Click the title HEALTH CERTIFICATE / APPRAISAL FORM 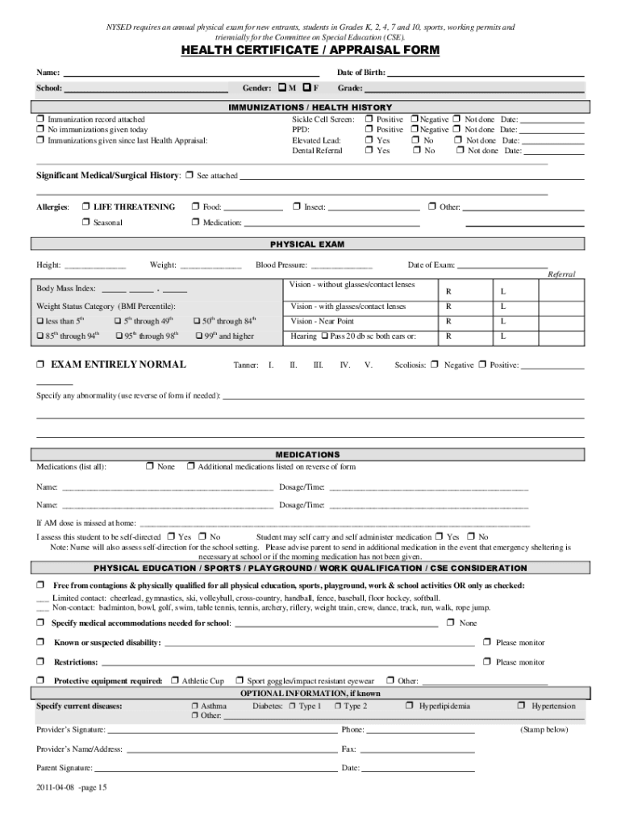[310, 51]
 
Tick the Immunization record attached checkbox [40, 119]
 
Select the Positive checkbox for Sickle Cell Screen [369, 119]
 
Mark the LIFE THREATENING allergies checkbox [85, 207]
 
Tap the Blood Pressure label [281, 265]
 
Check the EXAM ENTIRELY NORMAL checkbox [40, 365]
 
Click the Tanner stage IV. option [344, 365]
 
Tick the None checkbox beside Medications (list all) [150, 466]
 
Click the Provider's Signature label [69, 729]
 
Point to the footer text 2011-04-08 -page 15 [71, 788]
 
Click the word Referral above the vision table [561, 274]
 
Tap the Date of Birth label [361, 73]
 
